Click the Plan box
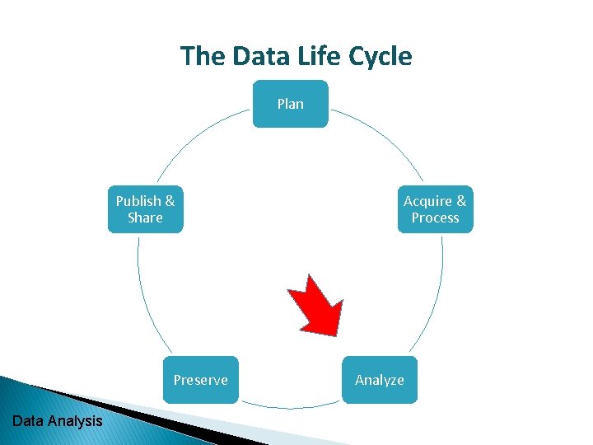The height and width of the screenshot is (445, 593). point(290,104)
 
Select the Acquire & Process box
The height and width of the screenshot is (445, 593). point(435,209)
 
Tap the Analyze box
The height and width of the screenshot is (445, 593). point(379,380)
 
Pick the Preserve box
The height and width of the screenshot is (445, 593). point(200,380)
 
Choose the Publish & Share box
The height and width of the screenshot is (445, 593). point(145,209)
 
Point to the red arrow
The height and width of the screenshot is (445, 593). point(315,304)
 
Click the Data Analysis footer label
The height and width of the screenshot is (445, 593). point(58,421)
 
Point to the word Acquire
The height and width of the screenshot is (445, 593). point(427,201)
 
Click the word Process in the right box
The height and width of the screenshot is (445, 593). point(435,218)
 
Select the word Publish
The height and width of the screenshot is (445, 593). point(138,201)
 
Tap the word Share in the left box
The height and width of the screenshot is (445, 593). point(145,218)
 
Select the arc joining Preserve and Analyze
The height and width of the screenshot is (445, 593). point(290,408)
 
